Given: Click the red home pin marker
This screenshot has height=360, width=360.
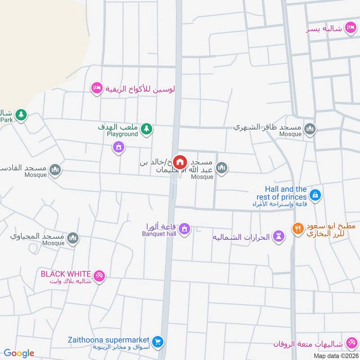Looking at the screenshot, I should click(x=180, y=162).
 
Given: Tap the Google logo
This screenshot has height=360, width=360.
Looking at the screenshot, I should click(x=19, y=353).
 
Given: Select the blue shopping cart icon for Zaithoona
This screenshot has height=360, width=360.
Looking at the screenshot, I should click(x=157, y=342).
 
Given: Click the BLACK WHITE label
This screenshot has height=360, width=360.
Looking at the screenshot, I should click(x=66, y=274).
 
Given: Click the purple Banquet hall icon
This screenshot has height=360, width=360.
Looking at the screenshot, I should click(x=184, y=230).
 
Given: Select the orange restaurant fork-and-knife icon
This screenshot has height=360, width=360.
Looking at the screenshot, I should click(x=297, y=229).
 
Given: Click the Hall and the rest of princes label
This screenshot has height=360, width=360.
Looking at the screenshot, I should click(x=286, y=193).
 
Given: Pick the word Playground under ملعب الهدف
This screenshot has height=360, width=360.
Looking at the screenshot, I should click(x=125, y=134).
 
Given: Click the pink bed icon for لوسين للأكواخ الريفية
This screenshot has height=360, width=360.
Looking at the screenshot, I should click(x=96, y=88).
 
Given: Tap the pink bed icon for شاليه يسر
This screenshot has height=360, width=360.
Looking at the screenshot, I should click(x=350, y=29).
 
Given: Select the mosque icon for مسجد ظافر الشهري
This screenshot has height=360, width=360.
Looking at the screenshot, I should click(x=310, y=130).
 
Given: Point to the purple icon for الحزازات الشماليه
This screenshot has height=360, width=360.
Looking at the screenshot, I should click(x=279, y=237).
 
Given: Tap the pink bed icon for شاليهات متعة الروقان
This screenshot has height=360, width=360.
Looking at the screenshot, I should click(x=350, y=344).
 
